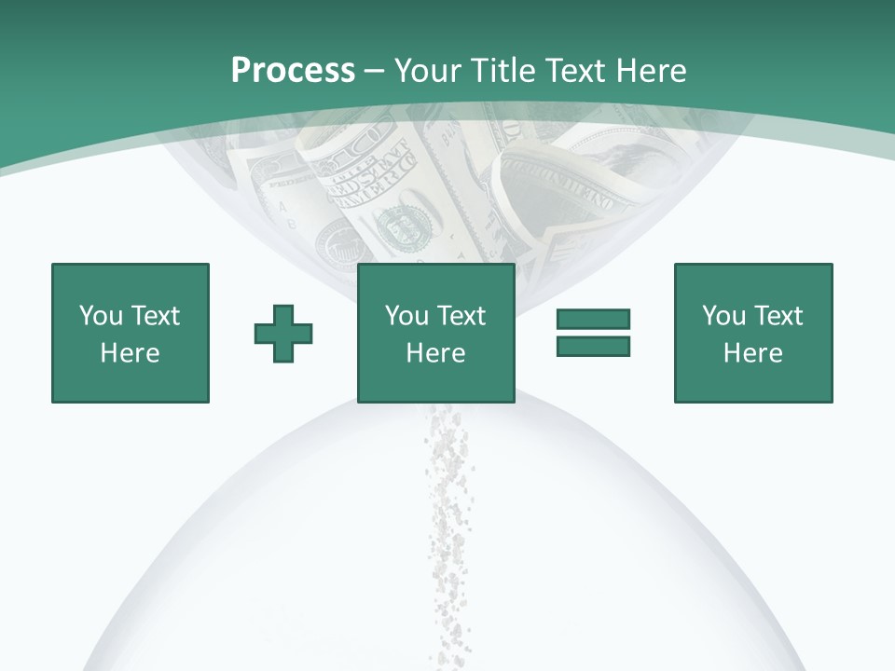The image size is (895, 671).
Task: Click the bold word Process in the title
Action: click(293, 71)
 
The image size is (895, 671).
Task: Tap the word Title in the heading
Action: click(504, 71)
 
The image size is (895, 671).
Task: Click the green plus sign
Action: click(283, 333)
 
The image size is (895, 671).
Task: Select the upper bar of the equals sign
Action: click(593, 319)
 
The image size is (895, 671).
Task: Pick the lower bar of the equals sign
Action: click(593, 346)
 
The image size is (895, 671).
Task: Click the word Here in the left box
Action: click(130, 353)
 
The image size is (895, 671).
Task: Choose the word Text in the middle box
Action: click(461, 316)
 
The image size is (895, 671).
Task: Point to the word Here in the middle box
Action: click(435, 353)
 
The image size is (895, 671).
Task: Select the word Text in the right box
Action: click(778, 316)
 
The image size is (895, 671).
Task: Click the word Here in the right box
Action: click(752, 353)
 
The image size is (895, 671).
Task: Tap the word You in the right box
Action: click(723, 316)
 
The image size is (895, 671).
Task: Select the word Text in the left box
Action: click(155, 316)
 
